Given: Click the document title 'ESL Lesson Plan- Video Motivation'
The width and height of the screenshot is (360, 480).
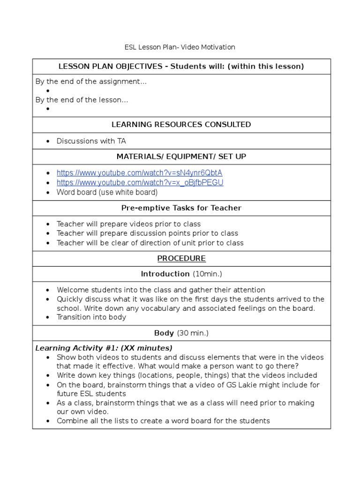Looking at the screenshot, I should pos(180,47).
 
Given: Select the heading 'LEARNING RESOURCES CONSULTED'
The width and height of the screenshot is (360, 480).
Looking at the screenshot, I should pos(181,124).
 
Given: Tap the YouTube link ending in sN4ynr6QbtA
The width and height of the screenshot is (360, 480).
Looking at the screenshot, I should pos(139,173).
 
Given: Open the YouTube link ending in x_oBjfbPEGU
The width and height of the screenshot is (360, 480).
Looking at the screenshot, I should pos(140,182).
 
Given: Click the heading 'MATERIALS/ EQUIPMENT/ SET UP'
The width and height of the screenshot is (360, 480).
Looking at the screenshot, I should pos(181,156).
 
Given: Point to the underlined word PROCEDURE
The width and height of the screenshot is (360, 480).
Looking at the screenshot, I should pos(181,258).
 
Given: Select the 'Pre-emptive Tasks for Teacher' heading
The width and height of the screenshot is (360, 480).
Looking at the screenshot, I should pos(181,208).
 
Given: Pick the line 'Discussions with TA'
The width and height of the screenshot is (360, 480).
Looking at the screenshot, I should pos(91,141).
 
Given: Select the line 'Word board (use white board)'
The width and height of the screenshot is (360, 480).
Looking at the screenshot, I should pos(107,192).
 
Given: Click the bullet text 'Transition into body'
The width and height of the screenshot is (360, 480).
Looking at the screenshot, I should pos(91,317).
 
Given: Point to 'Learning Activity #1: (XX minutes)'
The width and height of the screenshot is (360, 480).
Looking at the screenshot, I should pos(104,348).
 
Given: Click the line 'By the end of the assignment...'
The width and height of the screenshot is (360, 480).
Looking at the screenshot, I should pos(91,82).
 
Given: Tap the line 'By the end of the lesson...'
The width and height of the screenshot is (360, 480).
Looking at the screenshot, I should pos(82,99).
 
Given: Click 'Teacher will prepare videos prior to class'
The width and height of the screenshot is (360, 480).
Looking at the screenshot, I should pos(128,224).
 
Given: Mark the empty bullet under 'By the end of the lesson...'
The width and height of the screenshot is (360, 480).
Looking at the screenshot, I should pos(48,109).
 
